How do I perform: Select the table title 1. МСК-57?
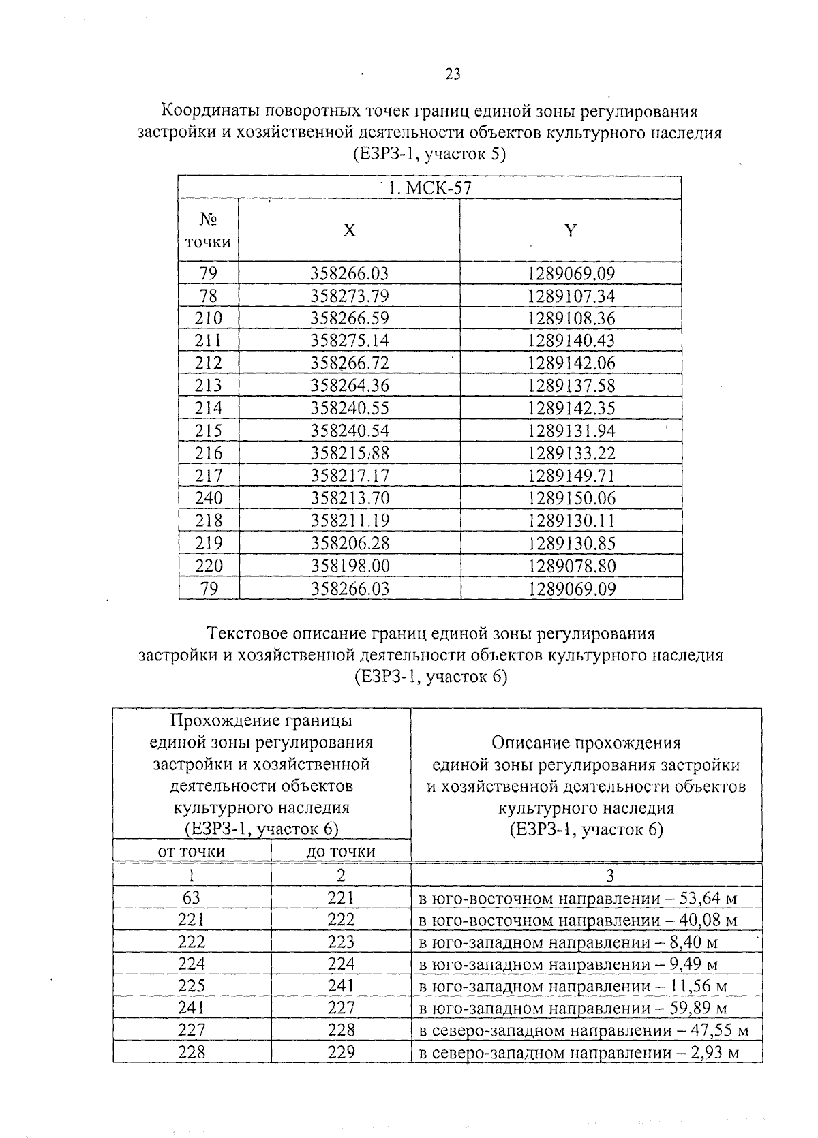(x=429, y=188)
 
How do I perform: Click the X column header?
(x=349, y=230)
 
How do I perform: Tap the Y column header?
(x=571, y=230)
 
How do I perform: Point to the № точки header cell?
(x=208, y=230)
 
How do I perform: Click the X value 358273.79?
(x=349, y=296)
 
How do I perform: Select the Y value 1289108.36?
(x=571, y=319)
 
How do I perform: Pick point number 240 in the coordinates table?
(x=209, y=499)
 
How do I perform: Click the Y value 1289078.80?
(x=571, y=566)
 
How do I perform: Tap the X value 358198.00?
(x=349, y=566)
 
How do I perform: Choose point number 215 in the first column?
(x=209, y=431)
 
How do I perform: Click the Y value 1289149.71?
(x=571, y=476)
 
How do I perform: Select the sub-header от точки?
(x=192, y=851)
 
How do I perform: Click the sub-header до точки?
(x=341, y=851)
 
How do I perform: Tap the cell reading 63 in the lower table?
(x=192, y=898)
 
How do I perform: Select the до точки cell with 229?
(x=341, y=1052)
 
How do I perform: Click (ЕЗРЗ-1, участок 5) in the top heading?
(x=429, y=155)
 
